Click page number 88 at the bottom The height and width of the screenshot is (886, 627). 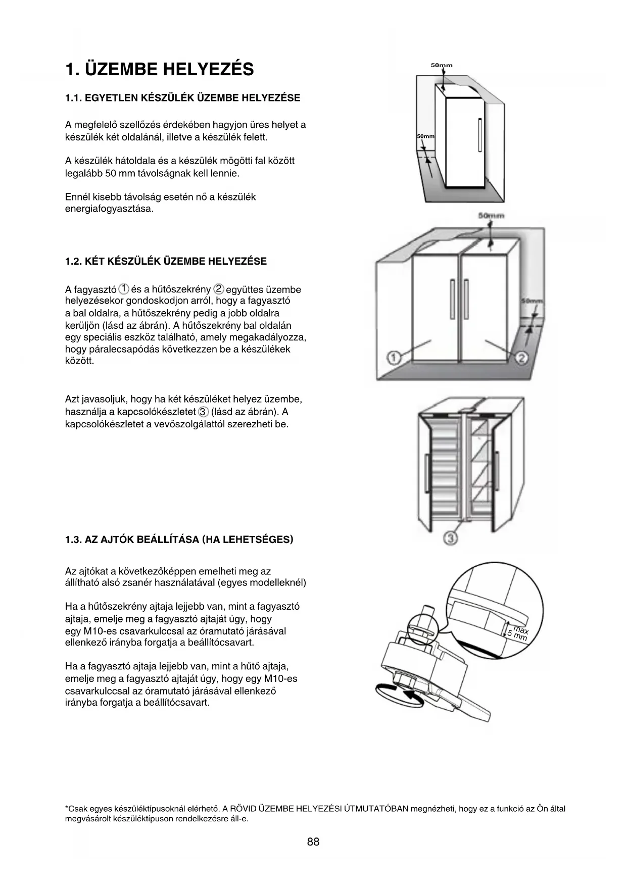click(313, 842)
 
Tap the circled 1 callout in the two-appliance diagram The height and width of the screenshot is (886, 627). click(394, 358)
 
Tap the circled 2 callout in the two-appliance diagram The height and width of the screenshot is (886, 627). click(521, 358)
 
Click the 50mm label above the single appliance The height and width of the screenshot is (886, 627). click(442, 65)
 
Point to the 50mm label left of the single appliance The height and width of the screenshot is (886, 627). click(425, 137)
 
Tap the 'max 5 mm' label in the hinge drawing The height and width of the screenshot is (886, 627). click(518, 633)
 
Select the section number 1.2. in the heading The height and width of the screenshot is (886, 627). click(73, 261)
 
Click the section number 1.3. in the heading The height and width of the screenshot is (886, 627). click(73, 539)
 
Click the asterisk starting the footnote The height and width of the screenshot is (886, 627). click(67, 808)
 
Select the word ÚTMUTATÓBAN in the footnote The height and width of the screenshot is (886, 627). click(376, 809)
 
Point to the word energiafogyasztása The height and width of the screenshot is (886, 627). click(109, 209)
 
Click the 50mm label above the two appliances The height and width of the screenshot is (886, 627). click(491, 216)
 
